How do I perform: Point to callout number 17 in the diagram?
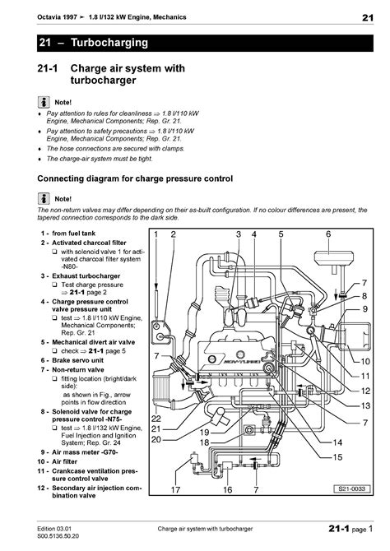[175, 490]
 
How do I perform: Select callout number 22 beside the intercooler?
[156, 419]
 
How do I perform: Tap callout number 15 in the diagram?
[337, 457]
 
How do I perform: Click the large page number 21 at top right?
[367, 18]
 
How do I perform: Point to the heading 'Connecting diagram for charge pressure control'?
[136, 178]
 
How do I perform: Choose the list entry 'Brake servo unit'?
[79, 361]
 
